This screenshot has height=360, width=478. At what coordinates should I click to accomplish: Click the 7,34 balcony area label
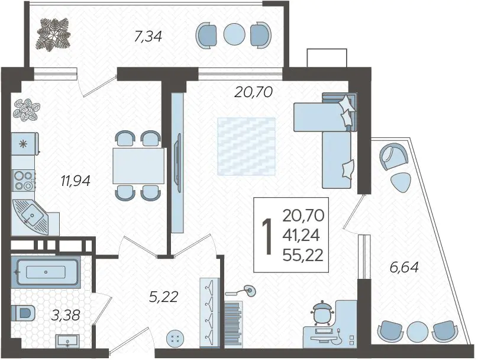point(148,37)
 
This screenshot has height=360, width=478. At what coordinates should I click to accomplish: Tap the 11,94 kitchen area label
point(75,181)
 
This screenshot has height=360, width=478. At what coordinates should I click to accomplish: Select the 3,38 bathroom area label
point(66,315)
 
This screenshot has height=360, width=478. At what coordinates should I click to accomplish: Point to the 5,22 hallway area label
point(163,297)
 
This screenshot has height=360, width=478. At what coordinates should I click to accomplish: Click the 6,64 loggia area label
point(404,267)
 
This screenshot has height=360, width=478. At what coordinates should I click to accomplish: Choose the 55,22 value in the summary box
point(303,255)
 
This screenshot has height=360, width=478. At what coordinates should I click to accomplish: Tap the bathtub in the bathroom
point(46,272)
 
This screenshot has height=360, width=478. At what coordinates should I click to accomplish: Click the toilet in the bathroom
point(24,313)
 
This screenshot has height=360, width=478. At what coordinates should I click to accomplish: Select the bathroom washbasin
point(67,341)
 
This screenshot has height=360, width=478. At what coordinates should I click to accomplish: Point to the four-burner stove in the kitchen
point(23,181)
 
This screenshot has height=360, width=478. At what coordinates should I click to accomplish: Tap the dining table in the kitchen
point(138,166)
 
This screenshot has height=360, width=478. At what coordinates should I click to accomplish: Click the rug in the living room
point(246,146)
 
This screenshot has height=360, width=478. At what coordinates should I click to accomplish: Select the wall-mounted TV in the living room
point(177,163)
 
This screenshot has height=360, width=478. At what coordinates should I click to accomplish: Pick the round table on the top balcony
point(234,34)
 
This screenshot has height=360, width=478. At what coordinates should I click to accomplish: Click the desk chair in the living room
point(322,312)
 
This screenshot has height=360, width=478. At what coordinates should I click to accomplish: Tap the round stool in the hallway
point(176,338)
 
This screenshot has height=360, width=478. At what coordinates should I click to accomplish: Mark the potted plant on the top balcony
point(54,34)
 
